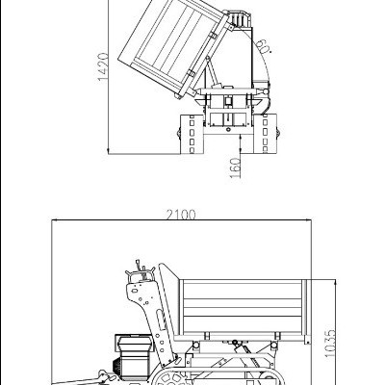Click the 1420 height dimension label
[99, 67]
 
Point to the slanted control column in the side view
[144, 308]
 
